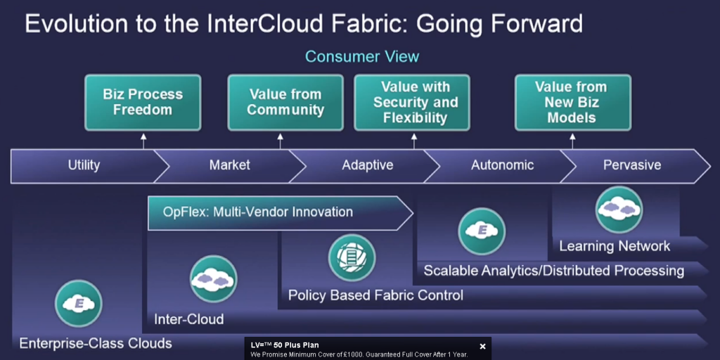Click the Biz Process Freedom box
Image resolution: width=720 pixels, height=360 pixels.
pos(143,102)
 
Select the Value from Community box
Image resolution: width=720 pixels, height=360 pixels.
pos(285,102)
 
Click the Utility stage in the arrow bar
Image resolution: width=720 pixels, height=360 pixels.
pos(84,165)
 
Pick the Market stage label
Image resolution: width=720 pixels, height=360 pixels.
pos(229,165)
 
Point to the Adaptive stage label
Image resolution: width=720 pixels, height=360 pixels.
pos(367,165)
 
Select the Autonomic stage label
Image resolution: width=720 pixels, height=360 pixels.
pos(502,165)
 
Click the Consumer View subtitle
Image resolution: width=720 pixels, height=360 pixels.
pos(361,56)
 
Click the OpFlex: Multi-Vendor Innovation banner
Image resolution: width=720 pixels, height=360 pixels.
pos(278,212)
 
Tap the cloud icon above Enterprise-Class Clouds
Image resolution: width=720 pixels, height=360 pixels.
pos(79,304)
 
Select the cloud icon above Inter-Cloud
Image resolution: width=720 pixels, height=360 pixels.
pos(213,278)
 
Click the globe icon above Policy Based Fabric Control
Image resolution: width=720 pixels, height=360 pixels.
pos(351,257)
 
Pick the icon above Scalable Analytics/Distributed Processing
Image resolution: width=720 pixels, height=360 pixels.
pos(482,231)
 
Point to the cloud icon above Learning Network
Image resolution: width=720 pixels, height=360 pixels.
pos(619,209)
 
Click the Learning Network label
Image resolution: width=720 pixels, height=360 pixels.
pos(615,246)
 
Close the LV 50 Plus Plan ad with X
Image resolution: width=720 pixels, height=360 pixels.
pos(482,346)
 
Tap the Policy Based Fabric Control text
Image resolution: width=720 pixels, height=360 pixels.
pos(375,295)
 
